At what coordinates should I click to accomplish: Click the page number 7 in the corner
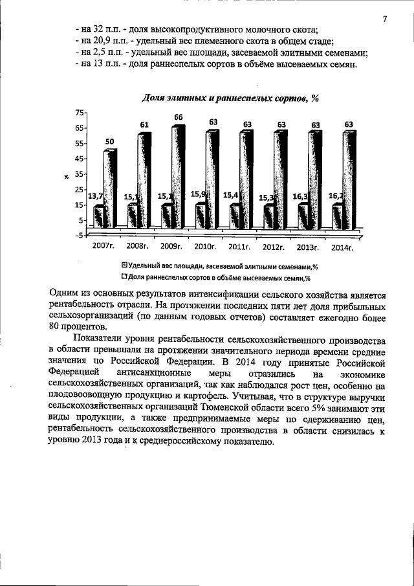[x=384, y=19]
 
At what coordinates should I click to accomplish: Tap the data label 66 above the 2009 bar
[x=178, y=117]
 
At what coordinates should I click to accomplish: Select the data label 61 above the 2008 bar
[x=145, y=124]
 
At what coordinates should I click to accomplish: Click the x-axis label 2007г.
[x=105, y=247]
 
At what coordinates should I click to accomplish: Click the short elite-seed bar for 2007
[x=98, y=217]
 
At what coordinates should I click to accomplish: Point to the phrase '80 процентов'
[x=74, y=326]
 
